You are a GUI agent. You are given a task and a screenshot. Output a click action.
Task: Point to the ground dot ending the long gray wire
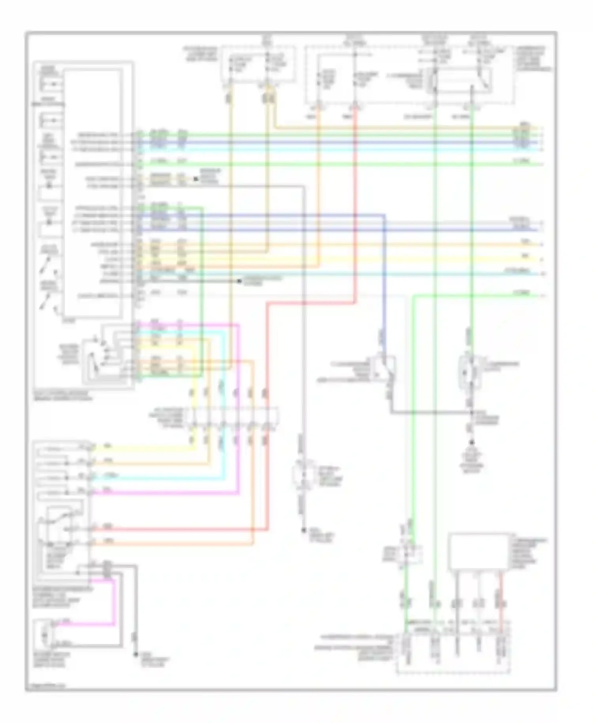point(304,530)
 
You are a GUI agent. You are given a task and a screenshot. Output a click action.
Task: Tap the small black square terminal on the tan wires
point(195,179)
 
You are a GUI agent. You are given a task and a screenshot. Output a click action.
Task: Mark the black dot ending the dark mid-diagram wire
point(239,281)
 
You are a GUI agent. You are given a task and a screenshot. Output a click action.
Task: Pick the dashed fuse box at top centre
point(258,64)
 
